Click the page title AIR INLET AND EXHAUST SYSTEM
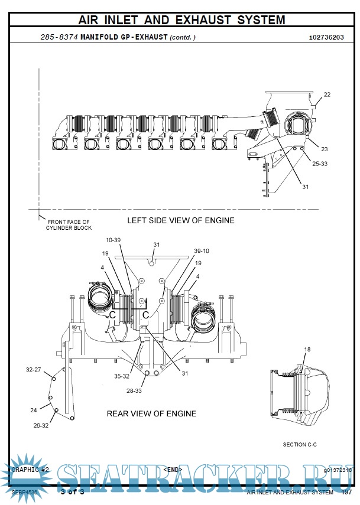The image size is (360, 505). pos(181,20)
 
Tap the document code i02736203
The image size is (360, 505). pos(326,37)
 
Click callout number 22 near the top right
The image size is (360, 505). pos(327,95)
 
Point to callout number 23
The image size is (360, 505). pos(324,149)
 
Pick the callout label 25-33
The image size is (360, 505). pos(320,164)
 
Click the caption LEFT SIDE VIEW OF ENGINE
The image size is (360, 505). pos(181,220)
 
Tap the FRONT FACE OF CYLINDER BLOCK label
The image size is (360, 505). pos(69,225)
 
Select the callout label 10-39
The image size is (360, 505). pos(113,240)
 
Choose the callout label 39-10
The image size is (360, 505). pos(202,250)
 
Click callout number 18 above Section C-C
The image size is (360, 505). pos(307,350)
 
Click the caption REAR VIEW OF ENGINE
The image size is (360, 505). pos(151,413)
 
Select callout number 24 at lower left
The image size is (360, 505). pos(34,409)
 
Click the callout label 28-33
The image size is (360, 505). pos(134,390)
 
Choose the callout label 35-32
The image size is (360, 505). pos(122,376)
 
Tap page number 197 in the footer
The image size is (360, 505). pos(346,492)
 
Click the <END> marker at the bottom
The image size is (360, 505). pos(173,470)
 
